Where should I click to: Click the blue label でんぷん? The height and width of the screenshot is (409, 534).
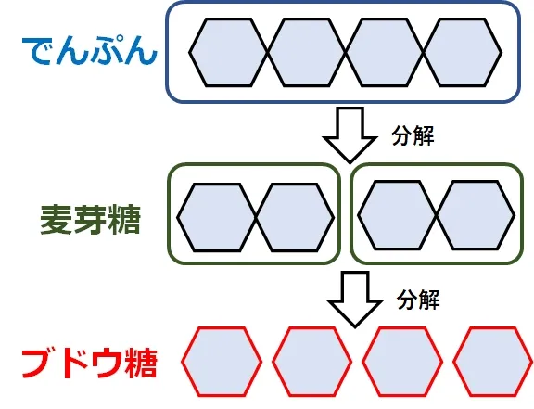click(x=90, y=51)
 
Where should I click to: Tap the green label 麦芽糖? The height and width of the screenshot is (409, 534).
click(x=91, y=220)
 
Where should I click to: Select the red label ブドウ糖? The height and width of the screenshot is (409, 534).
click(x=90, y=364)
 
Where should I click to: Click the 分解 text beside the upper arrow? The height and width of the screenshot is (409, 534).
click(x=413, y=135)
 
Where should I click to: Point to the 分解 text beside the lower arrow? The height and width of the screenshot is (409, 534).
click(x=418, y=300)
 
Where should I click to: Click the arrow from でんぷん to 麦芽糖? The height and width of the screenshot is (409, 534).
click(x=350, y=135)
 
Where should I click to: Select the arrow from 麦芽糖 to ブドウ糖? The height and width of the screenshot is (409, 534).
click(x=355, y=300)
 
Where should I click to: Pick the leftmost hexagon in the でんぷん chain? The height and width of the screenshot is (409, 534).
click(x=228, y=52)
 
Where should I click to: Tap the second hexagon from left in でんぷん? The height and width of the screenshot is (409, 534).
click(x=307, y=52)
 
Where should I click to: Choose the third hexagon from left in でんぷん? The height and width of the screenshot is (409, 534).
click(x=384, y=52)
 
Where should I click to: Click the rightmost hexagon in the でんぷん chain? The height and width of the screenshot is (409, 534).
click(x=463, y=52)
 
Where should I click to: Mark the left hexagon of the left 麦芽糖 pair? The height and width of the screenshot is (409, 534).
click(x=217, y=217)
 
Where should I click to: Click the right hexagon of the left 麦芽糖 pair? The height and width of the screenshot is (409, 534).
click(x=295, y=217)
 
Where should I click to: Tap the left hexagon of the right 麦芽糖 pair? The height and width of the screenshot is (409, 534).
click(x=397, y=215)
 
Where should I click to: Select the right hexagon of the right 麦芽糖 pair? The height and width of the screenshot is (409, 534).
click(x=476, y=215)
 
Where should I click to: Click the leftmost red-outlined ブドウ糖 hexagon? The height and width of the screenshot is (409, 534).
click(x=222, y=362)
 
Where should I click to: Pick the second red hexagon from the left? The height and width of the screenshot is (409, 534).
click(x=311, y=362)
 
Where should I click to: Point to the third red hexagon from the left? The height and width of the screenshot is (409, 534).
click(x=402, y=362)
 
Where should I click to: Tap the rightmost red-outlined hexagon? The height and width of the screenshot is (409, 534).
click(x=493, y=362)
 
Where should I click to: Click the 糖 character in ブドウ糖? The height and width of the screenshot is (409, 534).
click(x=140, y=364)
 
